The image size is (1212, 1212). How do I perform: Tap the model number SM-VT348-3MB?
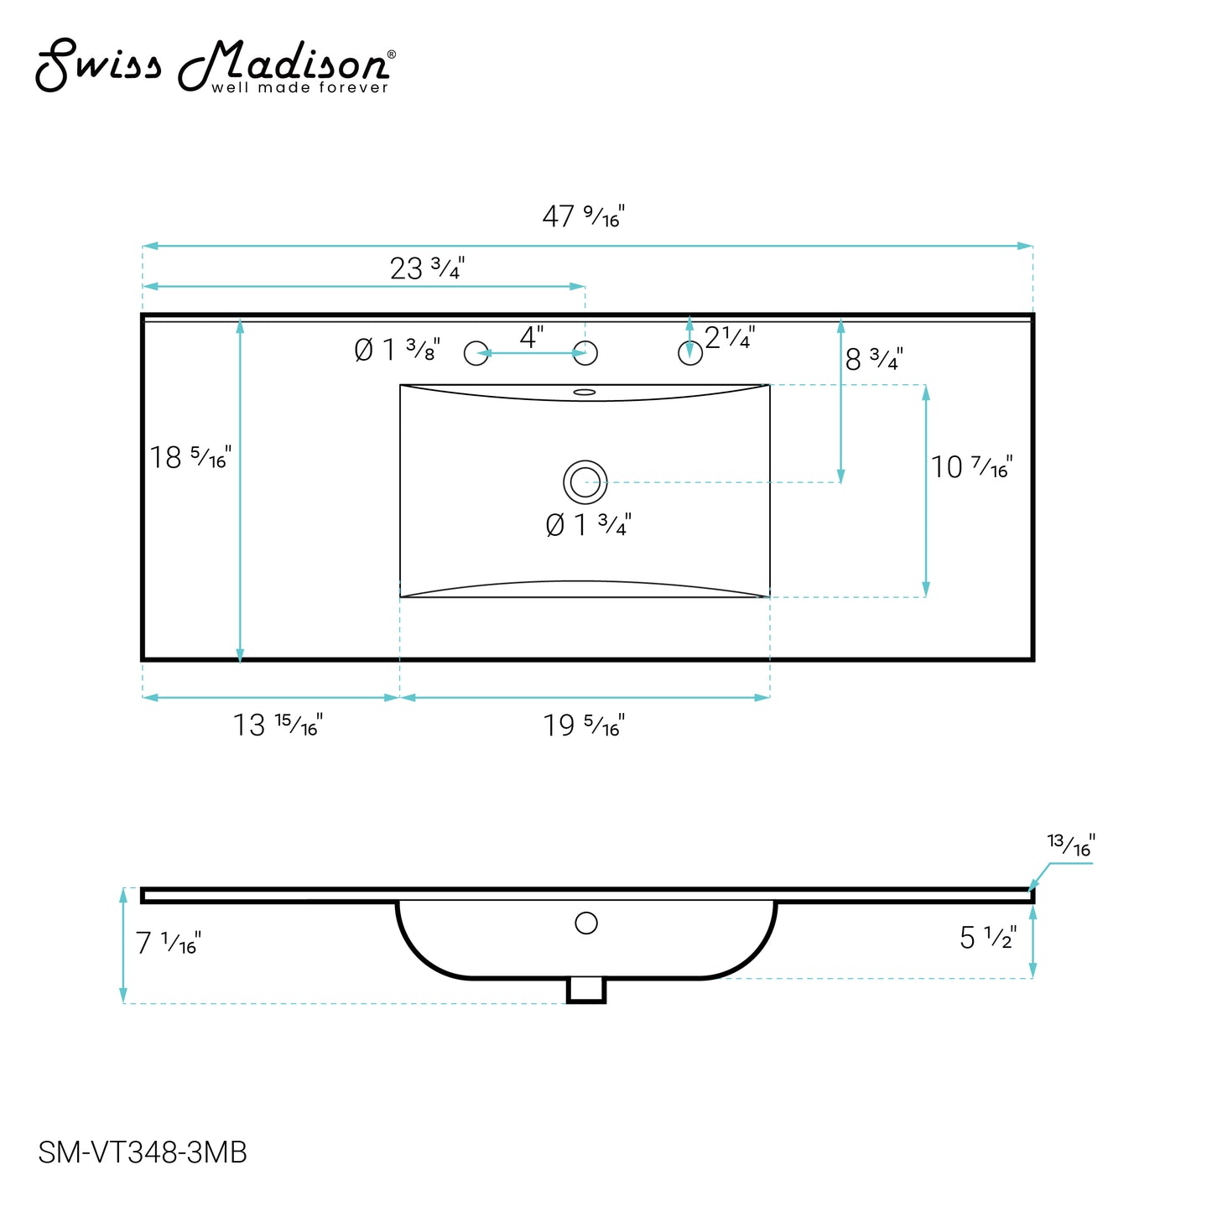click(x=143, y=1152)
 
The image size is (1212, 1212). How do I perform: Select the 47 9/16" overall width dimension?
click(x=583, y=216)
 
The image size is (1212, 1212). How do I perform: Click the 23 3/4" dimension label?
click(x=427, y=268)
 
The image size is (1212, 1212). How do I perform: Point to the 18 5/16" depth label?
click(x=190, y=458)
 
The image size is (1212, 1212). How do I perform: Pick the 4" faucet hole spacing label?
click(x=532, y=337)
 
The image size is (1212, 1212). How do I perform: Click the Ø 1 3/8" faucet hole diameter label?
click(x=397, y=350)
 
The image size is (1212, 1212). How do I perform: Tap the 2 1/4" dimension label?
click(x=730, y=338)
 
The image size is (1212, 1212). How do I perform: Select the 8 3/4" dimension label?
click(x=874, y=360)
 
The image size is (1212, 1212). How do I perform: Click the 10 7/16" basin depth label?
click(x=971, y=467)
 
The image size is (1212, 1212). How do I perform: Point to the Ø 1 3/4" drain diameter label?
click(x=588, y=525)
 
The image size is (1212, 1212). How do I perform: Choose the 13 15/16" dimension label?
click(x=278, y=725)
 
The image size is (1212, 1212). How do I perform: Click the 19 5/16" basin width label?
click(x=584, y=726)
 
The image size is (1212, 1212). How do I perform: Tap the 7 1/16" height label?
click(x=168, y=944)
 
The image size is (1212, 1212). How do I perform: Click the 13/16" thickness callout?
click(x=1070, y=845)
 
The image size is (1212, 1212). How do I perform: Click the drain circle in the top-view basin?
click(x=585, y=482)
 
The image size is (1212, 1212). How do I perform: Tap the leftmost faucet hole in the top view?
click(x=476, y=353)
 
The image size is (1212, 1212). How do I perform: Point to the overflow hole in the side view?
click(x=586, y=923)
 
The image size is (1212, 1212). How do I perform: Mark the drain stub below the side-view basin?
click(x=586, y=990)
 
